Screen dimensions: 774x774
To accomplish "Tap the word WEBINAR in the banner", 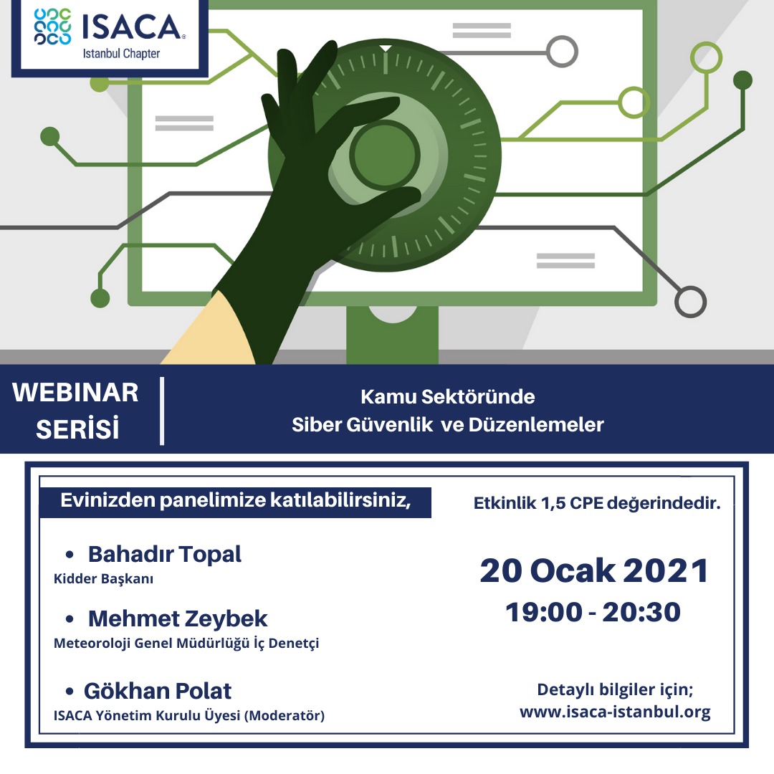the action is pyautogui.click(x=75, y=393).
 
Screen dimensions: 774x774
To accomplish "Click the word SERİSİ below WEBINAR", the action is pyautogui.click(x=77, y=429).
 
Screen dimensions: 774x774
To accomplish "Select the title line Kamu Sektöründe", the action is pyautogui.click(x=448, y=397).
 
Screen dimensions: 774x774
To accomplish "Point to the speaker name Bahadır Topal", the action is pyautogui.click(x=164, y=554).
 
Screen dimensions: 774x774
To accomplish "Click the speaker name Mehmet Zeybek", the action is pyautogui.click(x=178, y=618).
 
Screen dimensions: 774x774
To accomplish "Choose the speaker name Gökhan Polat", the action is pyautogui.click(x=158, y=691).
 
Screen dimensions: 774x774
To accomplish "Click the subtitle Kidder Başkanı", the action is pyautogui.click(x=103, y=578).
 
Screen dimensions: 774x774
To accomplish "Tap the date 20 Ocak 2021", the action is pyautogui.click(x=594, y=570).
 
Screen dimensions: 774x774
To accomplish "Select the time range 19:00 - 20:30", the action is pyautogui.click(x=593, y=612).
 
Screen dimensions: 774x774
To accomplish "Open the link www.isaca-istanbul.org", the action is pyautogui.click(x=615, y=712).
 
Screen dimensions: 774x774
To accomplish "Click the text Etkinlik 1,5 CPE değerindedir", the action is pyautogui.click(x=597, y=503).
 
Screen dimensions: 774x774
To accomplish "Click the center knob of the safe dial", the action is pyautogui.click(x=385, y=154).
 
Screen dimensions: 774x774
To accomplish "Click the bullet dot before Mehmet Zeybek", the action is pyautogui.click(x=70, y=619).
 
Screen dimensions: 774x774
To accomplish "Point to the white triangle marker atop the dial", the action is pyautogui.click(x=386, y=48).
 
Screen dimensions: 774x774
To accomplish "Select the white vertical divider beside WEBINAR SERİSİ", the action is pyautogui.click(x=162, y=411).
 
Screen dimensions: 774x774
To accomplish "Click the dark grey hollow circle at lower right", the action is pyautogui.click(x=690, y=302).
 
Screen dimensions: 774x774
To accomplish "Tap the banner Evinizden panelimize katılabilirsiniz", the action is pyautogui.click(x=236, y=502).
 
